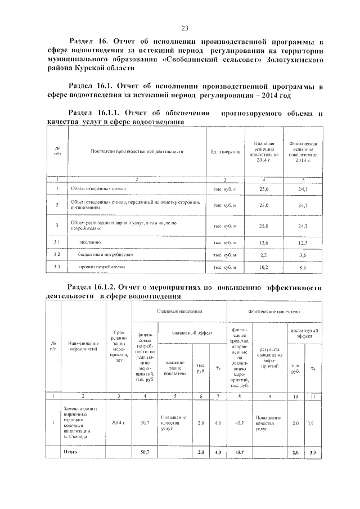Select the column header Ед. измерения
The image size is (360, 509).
(225, 152)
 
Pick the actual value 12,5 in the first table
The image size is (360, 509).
(302, 242)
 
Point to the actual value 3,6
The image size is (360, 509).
(302, 255)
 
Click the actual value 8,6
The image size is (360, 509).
(302, 267)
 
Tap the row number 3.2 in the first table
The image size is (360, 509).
(57, 255)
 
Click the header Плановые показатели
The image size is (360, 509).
(179, 310)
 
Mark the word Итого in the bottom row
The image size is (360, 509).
(71, 452)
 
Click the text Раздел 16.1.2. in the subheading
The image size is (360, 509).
(97, 287)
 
